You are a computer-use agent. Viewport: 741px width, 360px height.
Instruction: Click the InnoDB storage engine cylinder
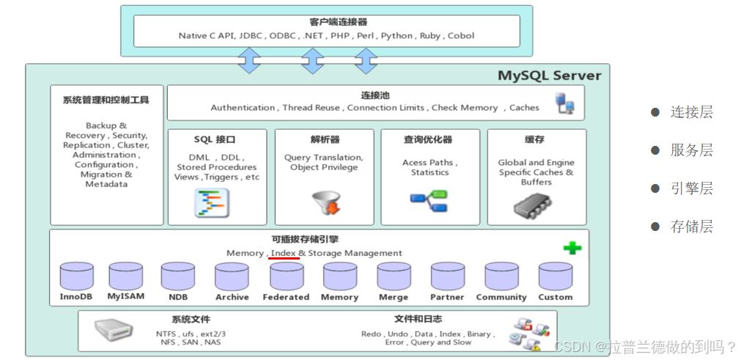(x=76, y=276)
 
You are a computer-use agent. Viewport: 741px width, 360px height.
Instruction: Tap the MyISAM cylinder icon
(x=126, y=276)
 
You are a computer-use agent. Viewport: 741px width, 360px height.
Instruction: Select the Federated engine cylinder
(x=287, y=276)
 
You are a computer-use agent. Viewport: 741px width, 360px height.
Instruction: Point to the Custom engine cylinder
(x=556, y=276)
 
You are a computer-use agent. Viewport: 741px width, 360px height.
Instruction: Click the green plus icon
(x=572, y=248)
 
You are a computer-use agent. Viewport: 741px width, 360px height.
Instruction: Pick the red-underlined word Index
(x=284, y=253)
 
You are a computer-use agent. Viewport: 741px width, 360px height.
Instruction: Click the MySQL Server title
(x=550, y=76)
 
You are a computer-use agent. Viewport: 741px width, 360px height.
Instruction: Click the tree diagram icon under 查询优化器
(x=429, y=201)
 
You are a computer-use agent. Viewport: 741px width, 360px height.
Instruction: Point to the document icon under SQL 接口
(x=212, y=202)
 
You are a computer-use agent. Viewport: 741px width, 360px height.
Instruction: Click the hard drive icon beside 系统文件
(x=114, y=330)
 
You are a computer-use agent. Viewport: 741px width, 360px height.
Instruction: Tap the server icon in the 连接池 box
(x=565, y=103)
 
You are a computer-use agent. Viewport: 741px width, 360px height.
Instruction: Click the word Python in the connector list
(x=397, y=36)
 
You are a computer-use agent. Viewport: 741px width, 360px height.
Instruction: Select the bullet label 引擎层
(x=691, y=188)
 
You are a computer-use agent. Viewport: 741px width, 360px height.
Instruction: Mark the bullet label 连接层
(x=691, y=112)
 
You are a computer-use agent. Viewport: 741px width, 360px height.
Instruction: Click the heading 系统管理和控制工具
(x=106, y=100)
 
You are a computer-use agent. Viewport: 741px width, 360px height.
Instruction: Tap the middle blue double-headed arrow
(x=312, y=60)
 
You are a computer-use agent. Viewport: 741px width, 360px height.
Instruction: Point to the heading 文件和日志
(x=419, y=320)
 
